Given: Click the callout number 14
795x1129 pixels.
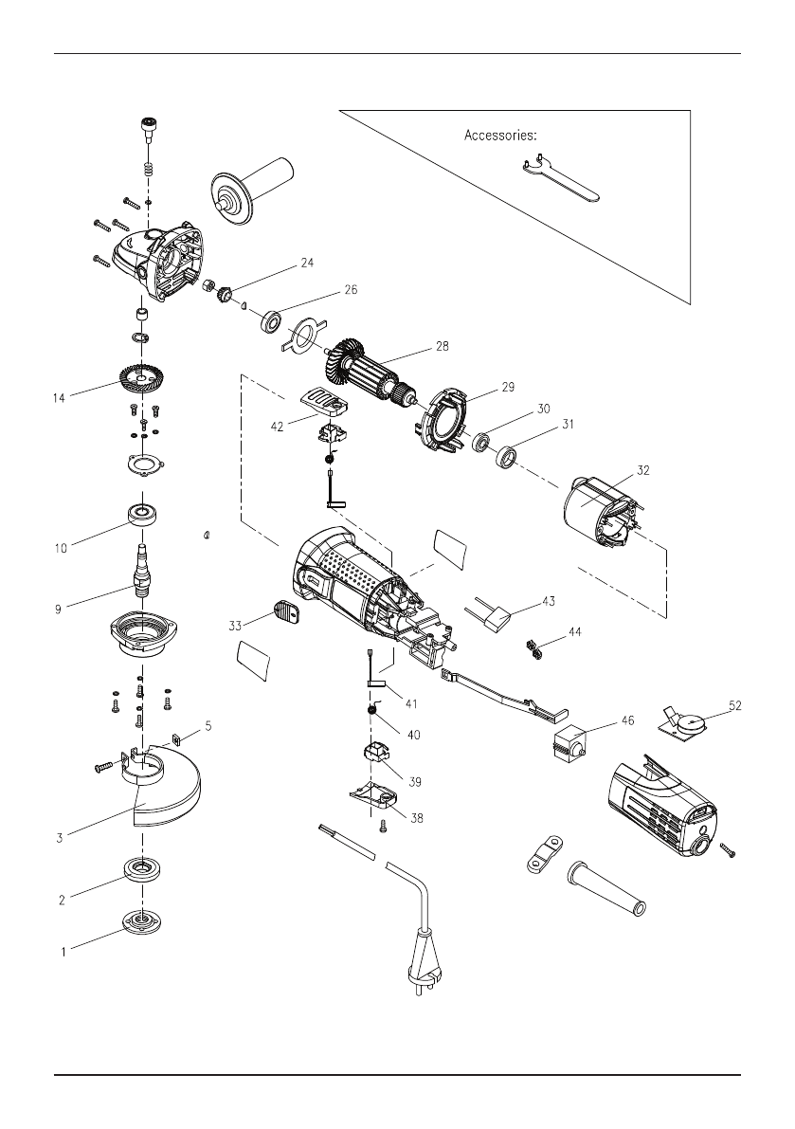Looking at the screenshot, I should (x=59, y=399).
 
